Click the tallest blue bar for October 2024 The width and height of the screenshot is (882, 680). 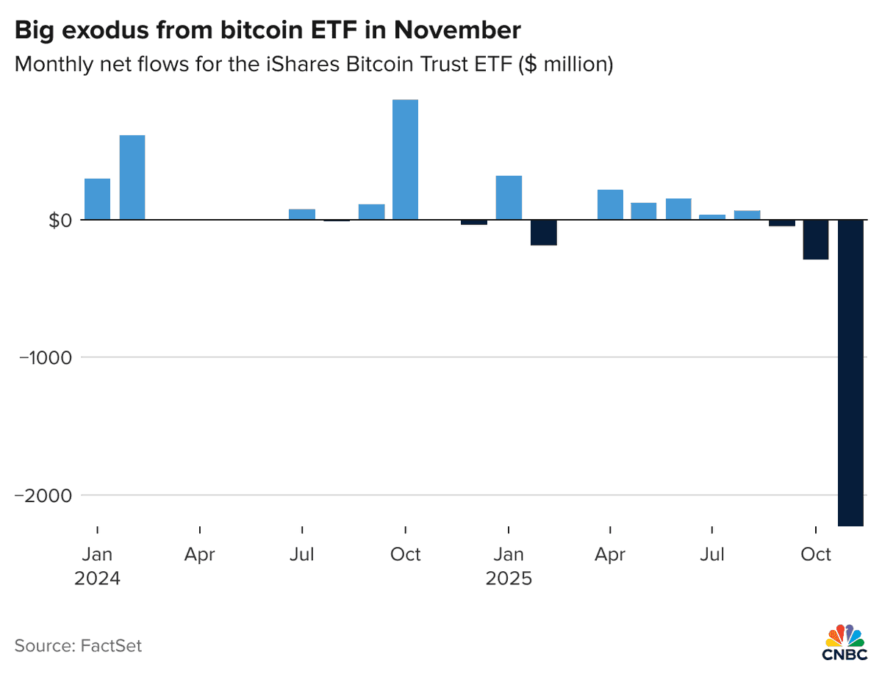click(x=405, y=160)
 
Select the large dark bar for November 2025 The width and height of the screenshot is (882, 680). click(x=850, y=373)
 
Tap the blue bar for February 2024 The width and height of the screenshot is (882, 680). click(x=132, y=177)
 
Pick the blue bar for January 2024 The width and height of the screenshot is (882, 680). click(x=97, y=198)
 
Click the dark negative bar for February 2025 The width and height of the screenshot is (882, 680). click(x=543, y=232)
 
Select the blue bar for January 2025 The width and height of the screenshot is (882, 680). click(x=509, y=197)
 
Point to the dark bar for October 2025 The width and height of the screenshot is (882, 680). click(x=816, y=240)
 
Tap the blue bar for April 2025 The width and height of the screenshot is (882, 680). click(x=610, y=204)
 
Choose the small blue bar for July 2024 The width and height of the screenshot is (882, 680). click(x=302, y=214)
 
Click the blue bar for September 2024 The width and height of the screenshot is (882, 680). click(x=371, y=212)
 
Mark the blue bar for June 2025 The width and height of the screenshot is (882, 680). click(x=678, y=209)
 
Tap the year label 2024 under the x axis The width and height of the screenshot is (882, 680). click(x=97, y=578)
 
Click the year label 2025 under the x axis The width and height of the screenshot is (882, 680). click(x=509, y=578)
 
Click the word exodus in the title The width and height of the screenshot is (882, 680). click(x=111, y=31)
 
